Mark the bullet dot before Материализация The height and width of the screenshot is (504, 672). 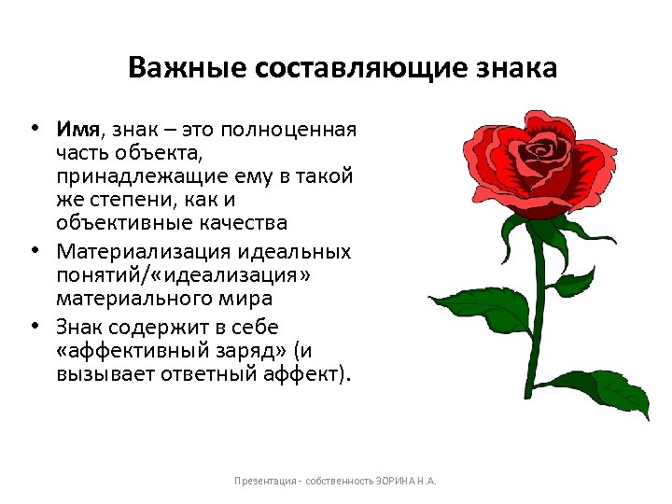click(x=34, y=249)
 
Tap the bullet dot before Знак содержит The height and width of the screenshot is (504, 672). click(x=34, y=325)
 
